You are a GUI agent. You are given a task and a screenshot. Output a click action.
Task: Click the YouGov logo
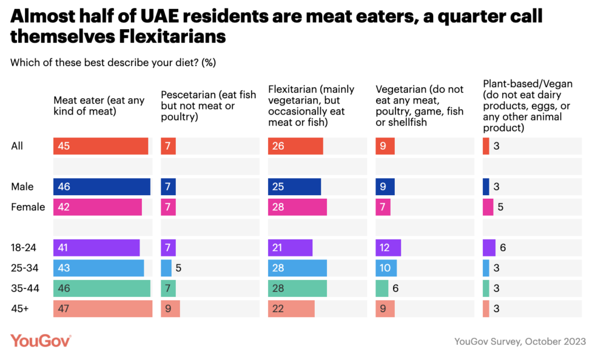click(x=41, y=341)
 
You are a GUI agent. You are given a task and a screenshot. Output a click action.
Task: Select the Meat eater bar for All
click(x=100, y=146)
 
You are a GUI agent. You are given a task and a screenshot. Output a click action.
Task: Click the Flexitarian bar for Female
click(x=297, y=207)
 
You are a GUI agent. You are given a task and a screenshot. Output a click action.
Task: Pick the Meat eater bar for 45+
click(x=103, y=309)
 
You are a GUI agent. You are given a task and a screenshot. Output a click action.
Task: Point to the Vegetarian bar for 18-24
click(x=388, y=248)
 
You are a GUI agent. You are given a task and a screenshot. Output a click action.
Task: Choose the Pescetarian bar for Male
click(x=168, y=187)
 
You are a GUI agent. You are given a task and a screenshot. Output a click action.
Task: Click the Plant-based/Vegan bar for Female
click(x=488, y=207)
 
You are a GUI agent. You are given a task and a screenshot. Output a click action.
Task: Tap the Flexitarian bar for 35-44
click(x=297, y=288)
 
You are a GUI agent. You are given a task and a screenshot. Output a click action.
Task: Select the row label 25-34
click(x=24, y=268)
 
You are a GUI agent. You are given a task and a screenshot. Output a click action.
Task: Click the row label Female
click(x=28, y=207)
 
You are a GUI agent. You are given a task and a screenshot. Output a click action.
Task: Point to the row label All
click(x=18, y=146)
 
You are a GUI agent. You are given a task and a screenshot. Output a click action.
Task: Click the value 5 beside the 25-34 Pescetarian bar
click(x=179, y=268)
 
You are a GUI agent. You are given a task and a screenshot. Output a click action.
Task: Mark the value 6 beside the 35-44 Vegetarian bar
click(x=395, y=288)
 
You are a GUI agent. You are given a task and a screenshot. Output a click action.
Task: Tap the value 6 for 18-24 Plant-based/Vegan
click(x=503, y=248)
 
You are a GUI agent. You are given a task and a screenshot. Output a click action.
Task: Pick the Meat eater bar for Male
click(x=102, y=187)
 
